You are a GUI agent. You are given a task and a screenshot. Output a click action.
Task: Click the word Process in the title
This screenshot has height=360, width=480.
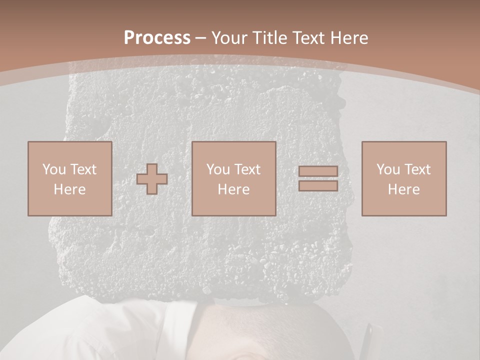coord(157,38)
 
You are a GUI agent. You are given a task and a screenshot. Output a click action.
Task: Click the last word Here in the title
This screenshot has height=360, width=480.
coord(349,38)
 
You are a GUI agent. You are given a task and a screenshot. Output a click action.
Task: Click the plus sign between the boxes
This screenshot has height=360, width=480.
coord(152,178)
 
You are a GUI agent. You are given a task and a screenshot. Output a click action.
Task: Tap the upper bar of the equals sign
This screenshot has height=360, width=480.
coord(318,171)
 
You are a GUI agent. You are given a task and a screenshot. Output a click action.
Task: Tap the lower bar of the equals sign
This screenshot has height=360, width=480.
coord(318,185)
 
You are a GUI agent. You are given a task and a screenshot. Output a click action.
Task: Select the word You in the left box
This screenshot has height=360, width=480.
coord(53,169)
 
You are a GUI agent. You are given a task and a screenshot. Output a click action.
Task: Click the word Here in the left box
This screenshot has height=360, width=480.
coord(69,189)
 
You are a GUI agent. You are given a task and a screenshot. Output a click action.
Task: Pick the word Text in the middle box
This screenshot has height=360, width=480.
coord(248,169)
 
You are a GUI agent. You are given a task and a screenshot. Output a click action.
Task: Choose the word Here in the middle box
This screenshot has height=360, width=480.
coord(233,189)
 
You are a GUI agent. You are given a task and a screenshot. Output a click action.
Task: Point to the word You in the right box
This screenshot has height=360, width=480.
coord(387,169)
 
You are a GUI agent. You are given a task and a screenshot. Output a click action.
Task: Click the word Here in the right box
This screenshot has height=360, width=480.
coord(403,189)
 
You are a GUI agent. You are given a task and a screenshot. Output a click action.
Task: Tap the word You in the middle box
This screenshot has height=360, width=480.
coord(217,169)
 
